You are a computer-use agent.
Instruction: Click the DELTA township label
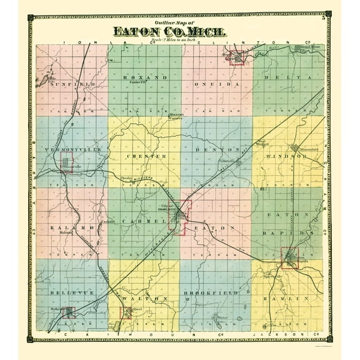coord(287,77)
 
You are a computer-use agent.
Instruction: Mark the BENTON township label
coord(216,150)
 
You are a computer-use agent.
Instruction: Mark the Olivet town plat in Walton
coord(126,311)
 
